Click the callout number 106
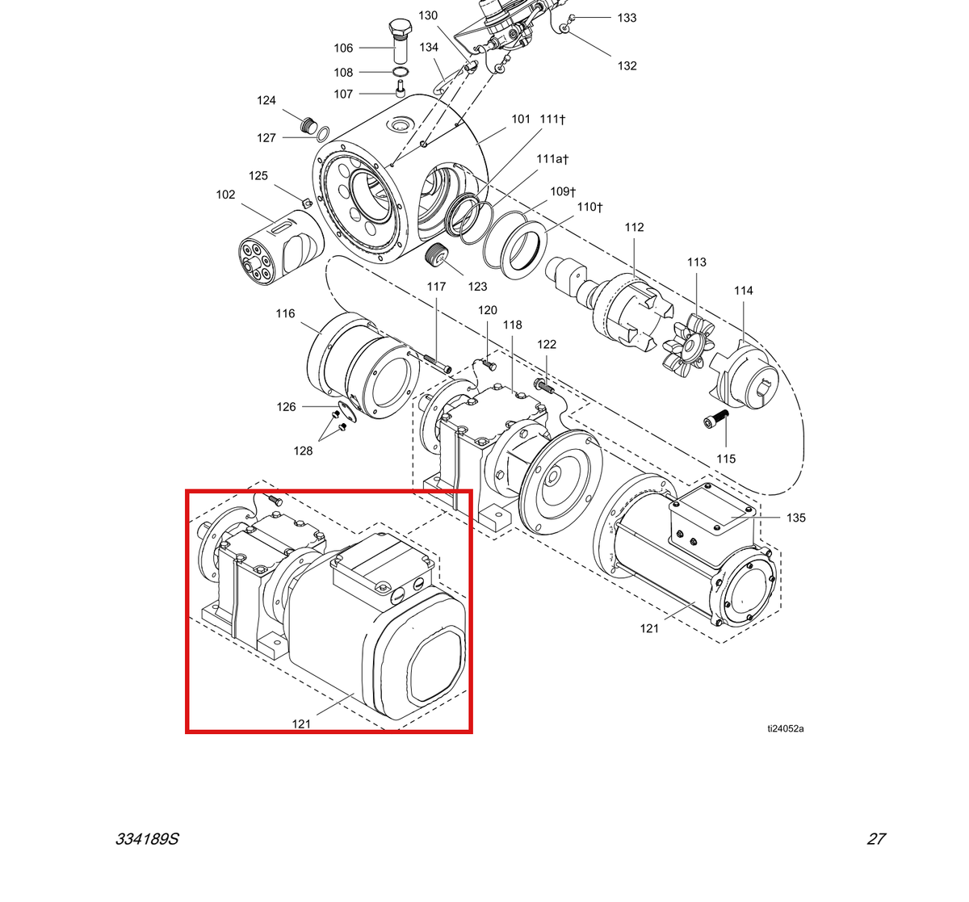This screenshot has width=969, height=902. coord(343,48)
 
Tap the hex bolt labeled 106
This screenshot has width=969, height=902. coord(400,41)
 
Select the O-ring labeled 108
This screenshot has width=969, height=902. coord(401,72)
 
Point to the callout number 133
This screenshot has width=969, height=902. coord(627,18)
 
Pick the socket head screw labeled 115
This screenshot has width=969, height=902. coord(716,419)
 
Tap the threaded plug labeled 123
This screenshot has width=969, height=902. coord(438,254)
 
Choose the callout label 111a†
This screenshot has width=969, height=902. coord(552,158)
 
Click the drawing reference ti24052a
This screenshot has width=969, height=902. coord(786,728)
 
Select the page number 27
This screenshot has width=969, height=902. coord(876,839)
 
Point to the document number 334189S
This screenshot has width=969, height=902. coord(147,839)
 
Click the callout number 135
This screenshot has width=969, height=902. coord(795,518)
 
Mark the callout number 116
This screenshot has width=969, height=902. coord(285,313)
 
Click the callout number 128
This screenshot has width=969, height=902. coord(303,451)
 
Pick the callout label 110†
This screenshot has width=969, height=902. coord(589,207)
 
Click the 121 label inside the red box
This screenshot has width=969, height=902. coord(301,724)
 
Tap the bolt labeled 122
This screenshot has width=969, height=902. coord(544,386)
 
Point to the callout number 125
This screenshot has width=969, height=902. coord(258,175)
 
